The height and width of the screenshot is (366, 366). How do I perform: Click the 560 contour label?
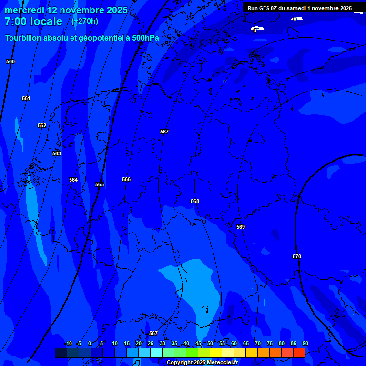10,61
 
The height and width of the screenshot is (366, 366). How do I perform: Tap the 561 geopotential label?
26,98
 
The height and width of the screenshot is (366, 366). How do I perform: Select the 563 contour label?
57,153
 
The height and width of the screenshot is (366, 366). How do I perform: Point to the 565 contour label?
99,184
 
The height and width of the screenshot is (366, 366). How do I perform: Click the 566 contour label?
126,179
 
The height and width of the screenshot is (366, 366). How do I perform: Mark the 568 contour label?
195,201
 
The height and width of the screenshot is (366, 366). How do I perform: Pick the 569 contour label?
241,227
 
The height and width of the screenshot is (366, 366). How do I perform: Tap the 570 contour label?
297,256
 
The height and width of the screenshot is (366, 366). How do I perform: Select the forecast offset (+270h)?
85,21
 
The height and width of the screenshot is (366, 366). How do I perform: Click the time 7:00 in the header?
17,21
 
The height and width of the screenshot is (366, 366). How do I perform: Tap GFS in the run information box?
265,8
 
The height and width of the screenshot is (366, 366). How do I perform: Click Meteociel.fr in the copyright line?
219,363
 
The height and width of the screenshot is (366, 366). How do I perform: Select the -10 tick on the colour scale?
68,344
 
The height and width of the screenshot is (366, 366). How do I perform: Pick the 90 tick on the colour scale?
305,344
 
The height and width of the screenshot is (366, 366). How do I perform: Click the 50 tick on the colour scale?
210,344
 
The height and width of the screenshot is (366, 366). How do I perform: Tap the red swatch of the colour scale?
299,353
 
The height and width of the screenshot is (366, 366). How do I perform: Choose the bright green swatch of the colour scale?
192,353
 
